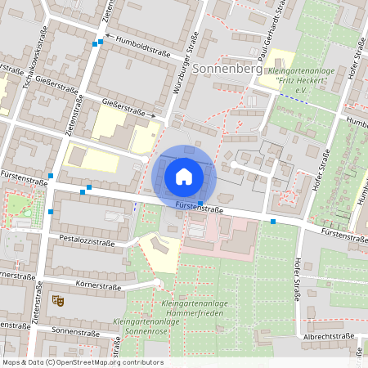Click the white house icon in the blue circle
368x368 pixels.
(184, 176)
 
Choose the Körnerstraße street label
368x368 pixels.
(98, 287)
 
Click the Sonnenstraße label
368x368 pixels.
(74, 331)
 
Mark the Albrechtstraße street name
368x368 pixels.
(327, 336)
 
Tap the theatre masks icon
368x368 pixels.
(57, 301)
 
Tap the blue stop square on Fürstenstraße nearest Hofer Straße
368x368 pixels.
(273, 221)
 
